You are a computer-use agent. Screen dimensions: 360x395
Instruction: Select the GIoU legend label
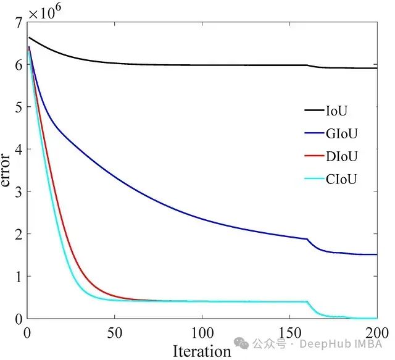pos(342,133)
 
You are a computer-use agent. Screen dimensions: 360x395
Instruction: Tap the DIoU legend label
pos(342,156)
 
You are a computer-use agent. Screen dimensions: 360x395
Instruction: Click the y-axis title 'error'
pos(7,170)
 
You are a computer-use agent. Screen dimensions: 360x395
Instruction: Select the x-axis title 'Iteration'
pos(201,351)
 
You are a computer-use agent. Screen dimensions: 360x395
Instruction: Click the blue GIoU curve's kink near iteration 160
pos(307,239)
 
